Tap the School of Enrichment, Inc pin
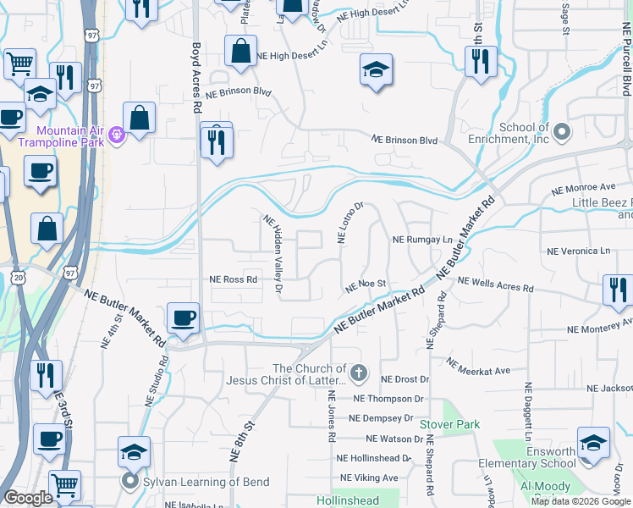tap(562, 131)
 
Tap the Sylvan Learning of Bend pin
tap(129, 483)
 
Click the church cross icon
tap(360, 373)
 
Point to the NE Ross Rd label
tap(233, 279)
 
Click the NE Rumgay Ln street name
tap(422, 240)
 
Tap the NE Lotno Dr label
tap(350, 222)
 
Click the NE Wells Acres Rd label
tap(495, 284)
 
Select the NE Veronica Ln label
tap(578, 251)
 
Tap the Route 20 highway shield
tap(19, 277)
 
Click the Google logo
tap(28, 499)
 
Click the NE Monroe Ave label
tap(582, 186)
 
